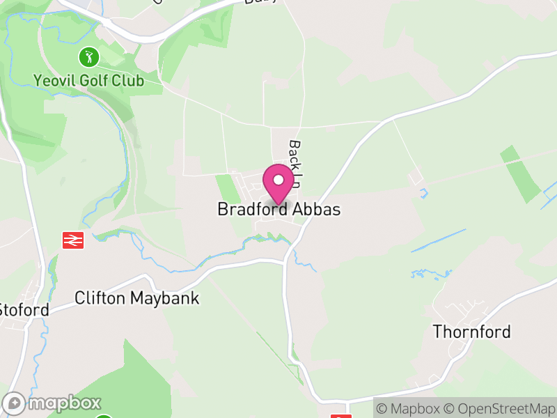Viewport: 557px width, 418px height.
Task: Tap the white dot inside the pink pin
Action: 278,180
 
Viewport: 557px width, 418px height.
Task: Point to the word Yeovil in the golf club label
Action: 53,82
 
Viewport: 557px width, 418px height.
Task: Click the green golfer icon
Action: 88,56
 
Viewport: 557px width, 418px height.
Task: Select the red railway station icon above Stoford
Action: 73,240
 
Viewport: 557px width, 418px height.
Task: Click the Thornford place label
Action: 472,332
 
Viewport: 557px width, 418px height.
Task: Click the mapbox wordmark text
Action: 64,403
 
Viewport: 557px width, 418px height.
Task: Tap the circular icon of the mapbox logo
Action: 15,403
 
